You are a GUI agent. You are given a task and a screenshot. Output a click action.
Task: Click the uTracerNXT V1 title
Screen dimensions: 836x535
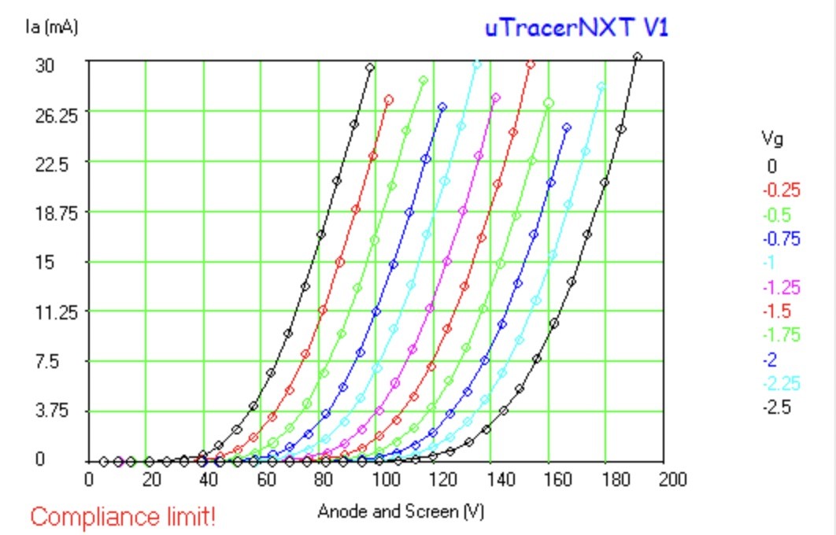[576, 28]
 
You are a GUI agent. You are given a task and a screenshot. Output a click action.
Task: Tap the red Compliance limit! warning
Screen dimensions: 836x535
[123, 516]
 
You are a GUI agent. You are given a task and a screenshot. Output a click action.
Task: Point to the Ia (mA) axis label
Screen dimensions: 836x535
[52, 26]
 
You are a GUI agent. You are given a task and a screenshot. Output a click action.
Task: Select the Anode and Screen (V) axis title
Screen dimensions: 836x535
[401, 511]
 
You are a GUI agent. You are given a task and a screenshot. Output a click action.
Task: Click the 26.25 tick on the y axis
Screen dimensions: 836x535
[52, 115]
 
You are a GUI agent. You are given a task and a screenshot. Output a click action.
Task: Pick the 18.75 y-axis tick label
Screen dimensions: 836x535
[52, 213]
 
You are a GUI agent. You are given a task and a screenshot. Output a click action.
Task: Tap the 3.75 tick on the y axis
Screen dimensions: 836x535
[52, 411]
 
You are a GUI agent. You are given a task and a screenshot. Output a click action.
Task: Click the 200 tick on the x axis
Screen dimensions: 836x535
[672, 480]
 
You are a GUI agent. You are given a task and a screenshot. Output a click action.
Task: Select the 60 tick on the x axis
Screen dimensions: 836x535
[266, 480]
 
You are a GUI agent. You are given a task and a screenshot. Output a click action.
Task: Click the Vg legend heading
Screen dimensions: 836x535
[772, 138]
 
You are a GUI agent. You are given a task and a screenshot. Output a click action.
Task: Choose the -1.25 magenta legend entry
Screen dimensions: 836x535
[782, 287]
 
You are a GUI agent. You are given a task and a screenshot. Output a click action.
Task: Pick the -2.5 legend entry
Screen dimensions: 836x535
[777, 408]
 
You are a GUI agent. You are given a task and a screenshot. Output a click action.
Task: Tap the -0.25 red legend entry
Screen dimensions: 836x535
[782, 190]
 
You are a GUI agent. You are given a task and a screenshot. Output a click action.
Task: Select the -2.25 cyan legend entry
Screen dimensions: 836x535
[782, 384]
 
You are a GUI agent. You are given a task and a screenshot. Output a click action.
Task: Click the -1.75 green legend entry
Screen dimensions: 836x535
[782, 335]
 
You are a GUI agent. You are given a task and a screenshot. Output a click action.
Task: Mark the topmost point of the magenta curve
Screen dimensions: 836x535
[496, 98]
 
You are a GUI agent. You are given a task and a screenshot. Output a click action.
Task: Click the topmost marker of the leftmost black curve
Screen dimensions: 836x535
[370, 68]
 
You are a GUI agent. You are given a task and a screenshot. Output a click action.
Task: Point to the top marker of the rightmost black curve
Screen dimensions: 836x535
[637, 57]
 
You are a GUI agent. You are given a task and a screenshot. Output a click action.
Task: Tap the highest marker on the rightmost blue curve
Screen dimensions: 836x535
[568, 128]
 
